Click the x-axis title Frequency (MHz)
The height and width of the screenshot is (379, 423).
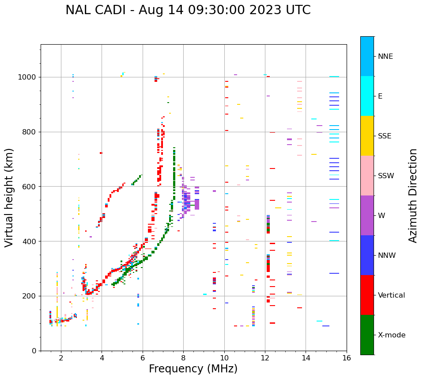point(193,369)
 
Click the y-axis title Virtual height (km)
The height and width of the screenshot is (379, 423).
point(9,197)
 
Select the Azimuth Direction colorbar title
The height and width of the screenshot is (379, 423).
point(413,195)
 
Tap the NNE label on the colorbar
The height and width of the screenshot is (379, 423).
point(385,57)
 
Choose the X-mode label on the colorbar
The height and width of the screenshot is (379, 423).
point(392,335)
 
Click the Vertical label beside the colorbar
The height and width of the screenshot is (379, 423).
point(391,295)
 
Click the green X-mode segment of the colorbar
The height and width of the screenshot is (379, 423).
point(367,335)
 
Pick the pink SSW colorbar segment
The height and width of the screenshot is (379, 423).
point(367,176)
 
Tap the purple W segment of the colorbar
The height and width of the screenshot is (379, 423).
point(367,215)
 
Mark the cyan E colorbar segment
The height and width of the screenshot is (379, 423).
point(367,96)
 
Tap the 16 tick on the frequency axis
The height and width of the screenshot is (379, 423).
point(347,357)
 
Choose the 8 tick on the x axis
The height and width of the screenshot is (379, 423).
point(183,357)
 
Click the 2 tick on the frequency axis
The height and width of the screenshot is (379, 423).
point(61,357)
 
